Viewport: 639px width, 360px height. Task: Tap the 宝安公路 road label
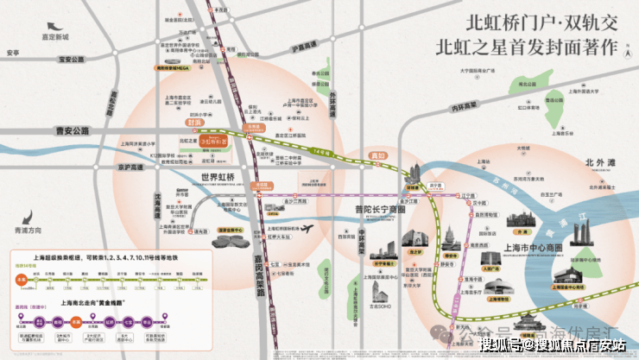click(x=75, y=60)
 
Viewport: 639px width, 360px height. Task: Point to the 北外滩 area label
click(x=601, y=161)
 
